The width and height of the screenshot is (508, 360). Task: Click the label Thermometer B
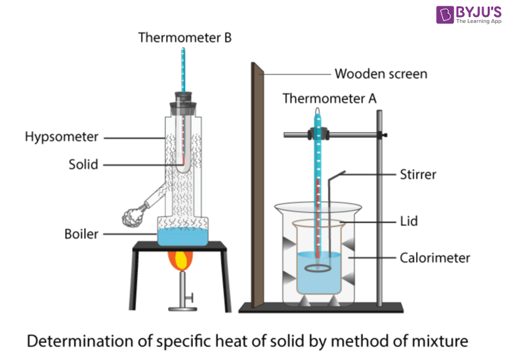coord(185,37)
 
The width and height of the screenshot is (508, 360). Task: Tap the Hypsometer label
coord(62,137)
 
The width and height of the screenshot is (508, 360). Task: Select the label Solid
coord(83,164)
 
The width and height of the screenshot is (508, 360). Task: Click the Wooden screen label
coord(381,74)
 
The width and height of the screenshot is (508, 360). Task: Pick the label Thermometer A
coord(329,99)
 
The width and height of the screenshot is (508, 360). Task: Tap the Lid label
coord(410,221)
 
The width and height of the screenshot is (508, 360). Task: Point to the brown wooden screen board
coord(257,183)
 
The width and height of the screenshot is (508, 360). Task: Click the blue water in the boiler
coord(183,237)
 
